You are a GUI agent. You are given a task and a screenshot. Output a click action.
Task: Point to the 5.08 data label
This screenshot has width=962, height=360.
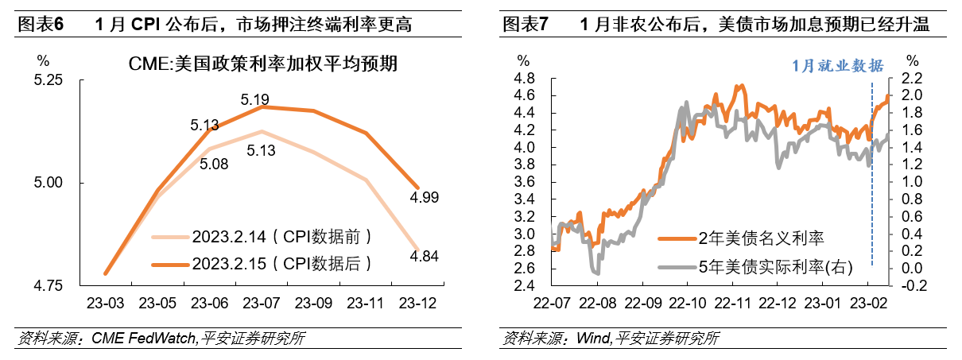[x=213, y=165]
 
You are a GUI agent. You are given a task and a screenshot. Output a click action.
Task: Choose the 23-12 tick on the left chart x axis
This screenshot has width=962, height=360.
[x=417, y=303]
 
